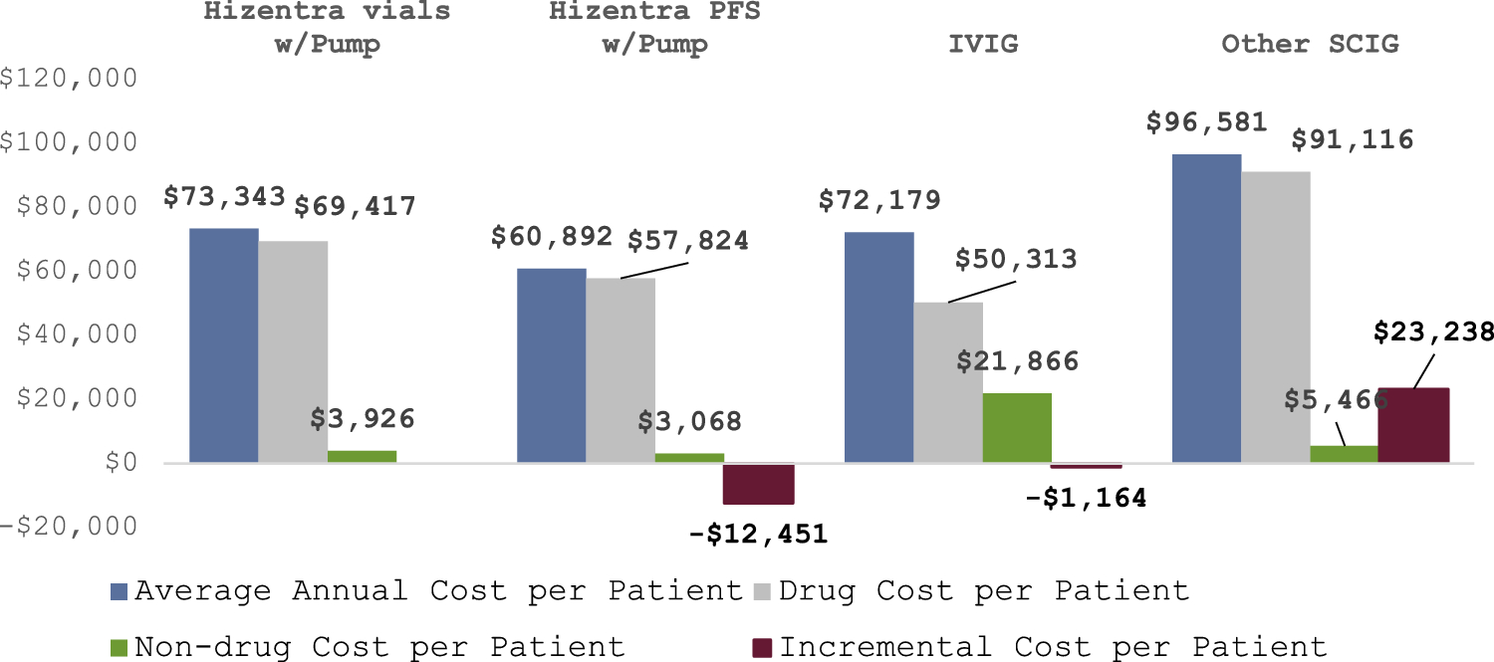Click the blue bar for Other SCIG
(1206, 309)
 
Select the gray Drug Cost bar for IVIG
(948, 382)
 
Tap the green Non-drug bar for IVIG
(1017, 428)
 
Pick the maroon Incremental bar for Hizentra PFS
(759, 484)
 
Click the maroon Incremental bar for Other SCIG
(1413, 425)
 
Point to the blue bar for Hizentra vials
(224, 345)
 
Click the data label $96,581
(1206, 122)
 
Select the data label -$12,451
(759, 534)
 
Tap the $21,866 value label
(1017, 360)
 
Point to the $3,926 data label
(362, 418)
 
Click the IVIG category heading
(982, 44)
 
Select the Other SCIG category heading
(1310, 44)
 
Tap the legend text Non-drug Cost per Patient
(379, 646)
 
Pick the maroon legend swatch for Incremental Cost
(764, 646)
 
